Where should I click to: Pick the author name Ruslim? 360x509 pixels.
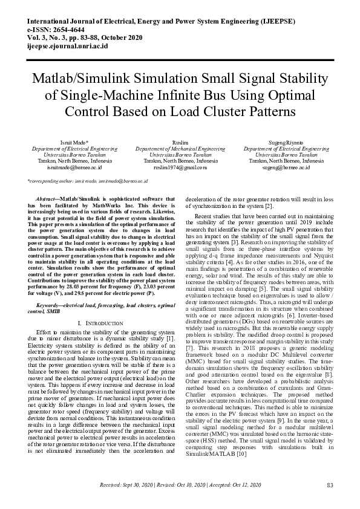click(x=180, y=141)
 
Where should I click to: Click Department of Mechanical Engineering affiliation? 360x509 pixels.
click(x=180, y=148)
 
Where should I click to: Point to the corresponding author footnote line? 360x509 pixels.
click(x=88, y=181)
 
